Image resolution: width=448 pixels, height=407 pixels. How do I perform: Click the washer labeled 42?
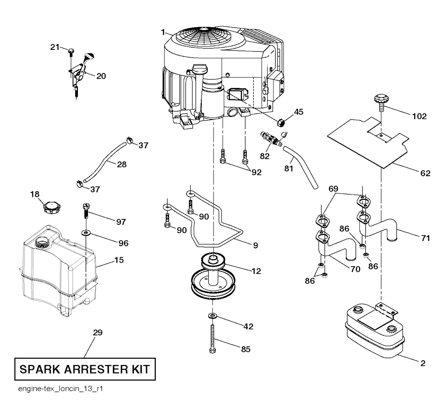click(212, 315)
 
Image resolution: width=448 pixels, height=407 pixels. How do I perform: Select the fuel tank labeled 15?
click(57, 271)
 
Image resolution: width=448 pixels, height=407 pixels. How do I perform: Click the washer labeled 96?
click(86, 231)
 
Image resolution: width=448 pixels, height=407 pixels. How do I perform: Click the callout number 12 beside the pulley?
click(256, 271)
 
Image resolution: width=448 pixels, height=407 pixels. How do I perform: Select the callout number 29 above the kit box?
click(98, 333)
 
